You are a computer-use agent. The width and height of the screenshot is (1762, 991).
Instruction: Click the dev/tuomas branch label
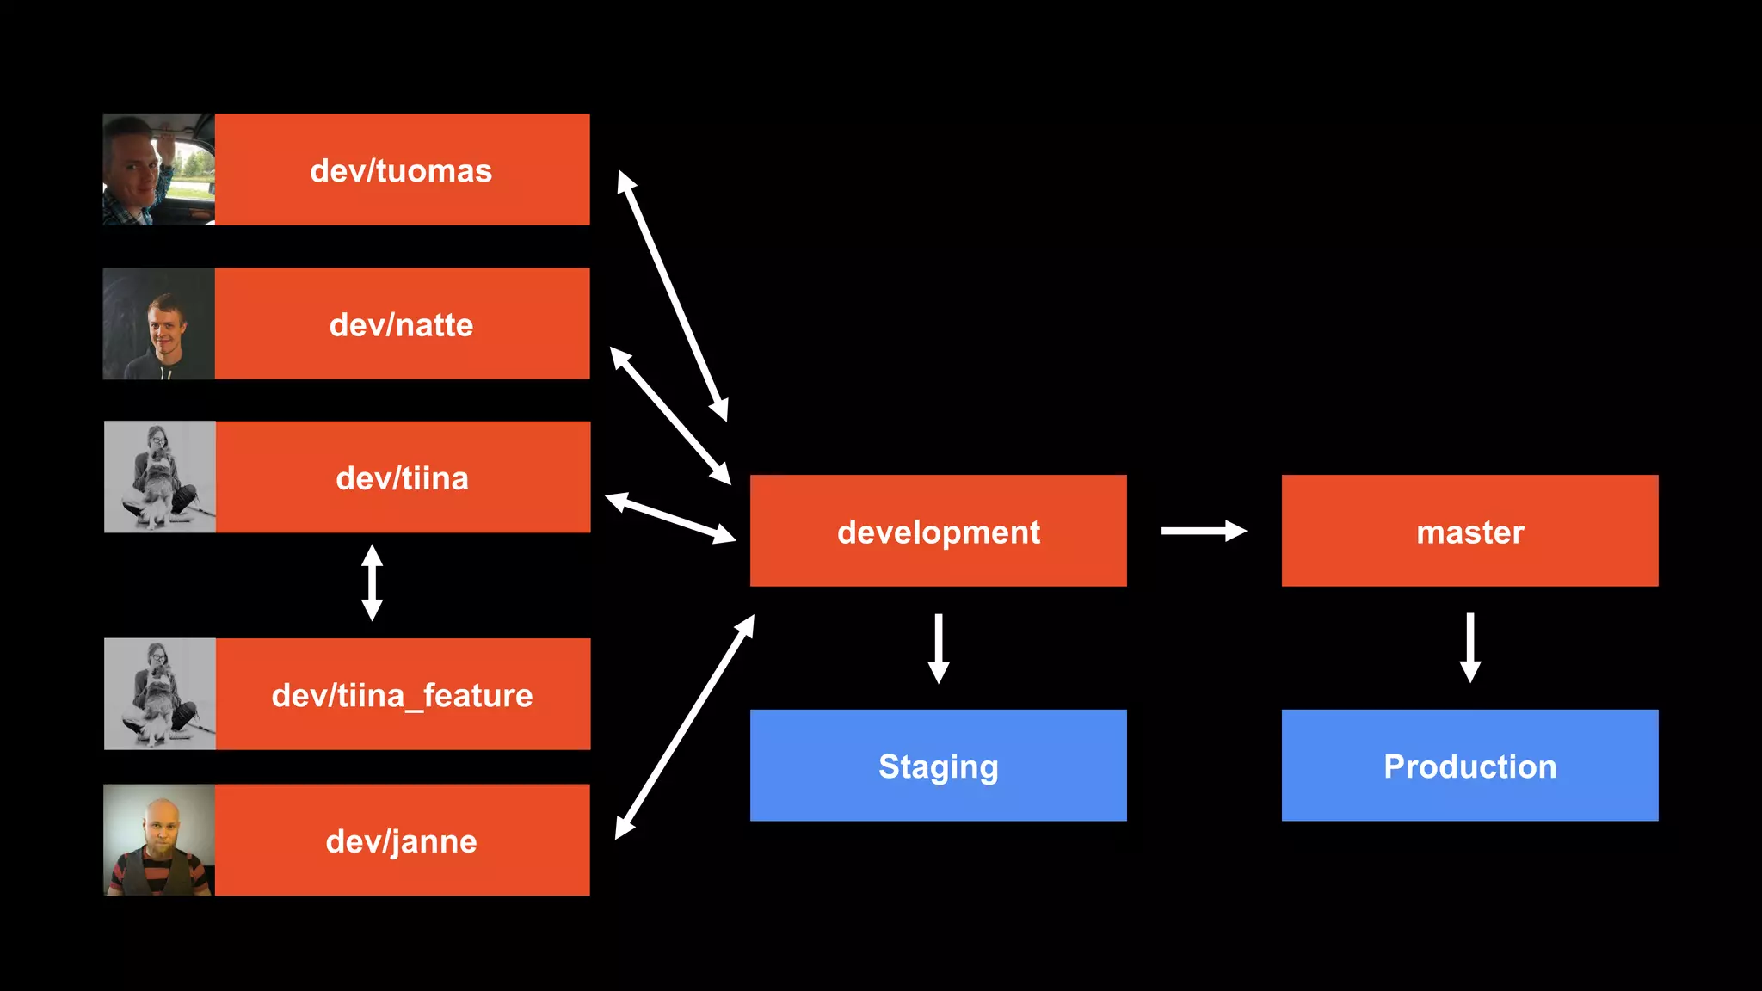click(401, 170)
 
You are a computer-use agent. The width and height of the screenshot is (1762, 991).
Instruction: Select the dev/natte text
click(401, 324)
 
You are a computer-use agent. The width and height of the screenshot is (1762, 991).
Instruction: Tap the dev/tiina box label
click(402, 477)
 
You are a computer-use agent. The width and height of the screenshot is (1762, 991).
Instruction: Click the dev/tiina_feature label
click(402, 694)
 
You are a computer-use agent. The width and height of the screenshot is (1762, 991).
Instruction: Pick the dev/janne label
click(401, 840)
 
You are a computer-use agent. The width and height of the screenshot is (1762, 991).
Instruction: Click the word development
click(938, 532)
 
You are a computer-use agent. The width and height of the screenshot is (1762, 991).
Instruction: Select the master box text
click(1469, 532)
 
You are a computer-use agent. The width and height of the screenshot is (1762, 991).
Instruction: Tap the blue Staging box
click(938, 765)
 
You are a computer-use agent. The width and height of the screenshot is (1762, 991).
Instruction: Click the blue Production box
click(1469, 765)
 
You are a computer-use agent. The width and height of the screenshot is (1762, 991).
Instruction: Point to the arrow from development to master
click(1203, 531)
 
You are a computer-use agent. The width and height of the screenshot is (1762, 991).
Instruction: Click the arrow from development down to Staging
click(939, 648)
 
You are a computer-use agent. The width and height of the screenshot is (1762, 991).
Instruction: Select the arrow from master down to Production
click(1470, 647)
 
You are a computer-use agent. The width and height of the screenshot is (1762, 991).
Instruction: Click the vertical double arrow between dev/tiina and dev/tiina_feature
click(372, 582)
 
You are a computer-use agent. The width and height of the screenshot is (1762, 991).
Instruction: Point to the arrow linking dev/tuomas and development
click(673, 296)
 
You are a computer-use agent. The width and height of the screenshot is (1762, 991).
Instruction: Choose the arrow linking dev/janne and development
click(685, 727)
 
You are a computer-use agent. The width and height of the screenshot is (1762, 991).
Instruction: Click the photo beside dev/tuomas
click(158, 169)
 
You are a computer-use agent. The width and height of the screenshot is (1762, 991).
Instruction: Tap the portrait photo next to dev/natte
click(158, 323)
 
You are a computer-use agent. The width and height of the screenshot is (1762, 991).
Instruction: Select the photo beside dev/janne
click(158, 840)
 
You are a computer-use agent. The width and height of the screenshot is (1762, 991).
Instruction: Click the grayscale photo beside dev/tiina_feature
click(159, 693)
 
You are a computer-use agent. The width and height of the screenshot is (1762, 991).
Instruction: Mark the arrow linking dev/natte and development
click(670, 415)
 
